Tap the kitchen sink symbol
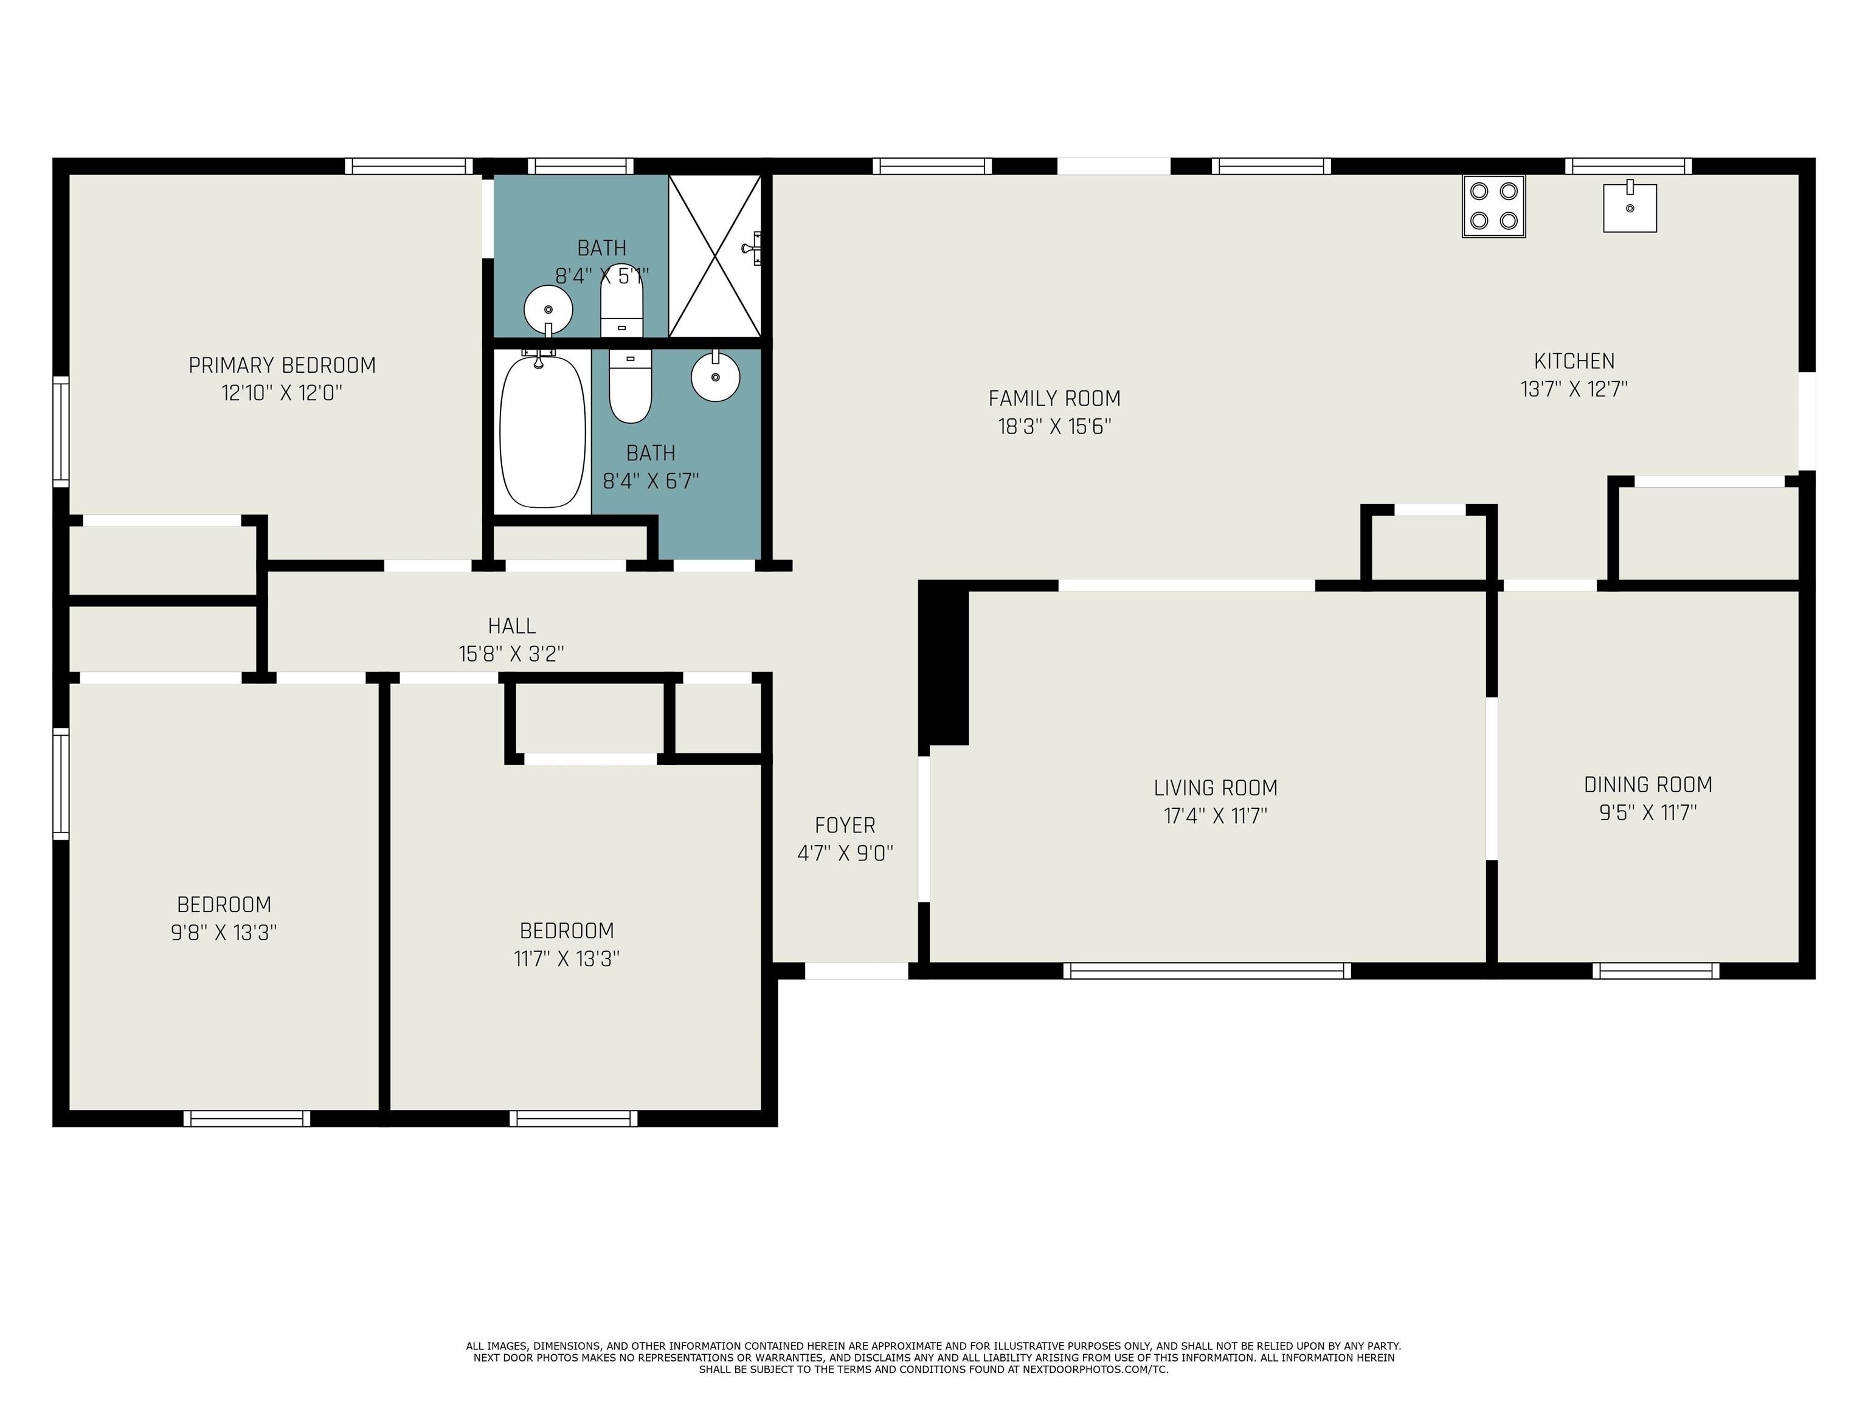(x=1629, y=208)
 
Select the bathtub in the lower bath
(x=543, y=432)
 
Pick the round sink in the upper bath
(x=548, y=310)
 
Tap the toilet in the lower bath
(x=630, y=387)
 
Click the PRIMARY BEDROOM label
(x=282, y=365)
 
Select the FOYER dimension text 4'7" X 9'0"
(x=845, y=853)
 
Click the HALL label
(x=512, y=626)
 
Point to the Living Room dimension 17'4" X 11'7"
(x=1215, y=816)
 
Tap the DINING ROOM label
(x=1648, y=784)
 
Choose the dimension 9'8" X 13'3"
(x=224, y=932)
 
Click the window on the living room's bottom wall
(x=1206, y=971)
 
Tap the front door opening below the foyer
(x=856, y=971)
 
